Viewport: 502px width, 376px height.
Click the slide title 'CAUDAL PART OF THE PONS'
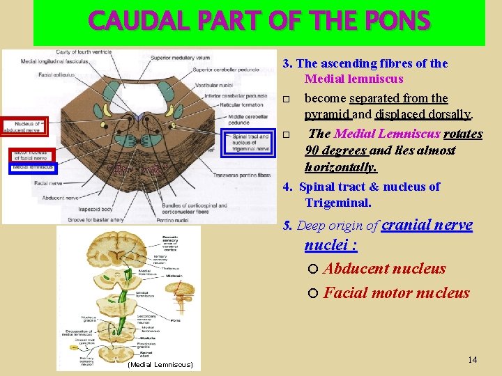pos(259,22)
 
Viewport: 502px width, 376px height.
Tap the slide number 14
pos(472,359)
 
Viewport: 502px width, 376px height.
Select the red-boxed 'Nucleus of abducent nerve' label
pos(23,126)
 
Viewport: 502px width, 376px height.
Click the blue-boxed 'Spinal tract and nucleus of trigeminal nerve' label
pos(250,142)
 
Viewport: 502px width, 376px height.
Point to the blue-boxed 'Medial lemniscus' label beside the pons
pos(32,167)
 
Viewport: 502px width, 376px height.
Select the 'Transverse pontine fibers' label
pos(241,175)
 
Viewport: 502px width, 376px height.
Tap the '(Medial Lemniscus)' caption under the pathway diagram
pos(160,365)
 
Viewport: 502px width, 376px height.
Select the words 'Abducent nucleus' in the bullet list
pos(384,269)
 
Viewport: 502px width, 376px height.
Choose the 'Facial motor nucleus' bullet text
pos(396,292)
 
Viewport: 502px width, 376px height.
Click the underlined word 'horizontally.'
pos(340,167)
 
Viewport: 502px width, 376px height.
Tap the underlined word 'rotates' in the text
pos(463,133)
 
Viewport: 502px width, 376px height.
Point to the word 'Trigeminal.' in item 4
pos(338,203)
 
